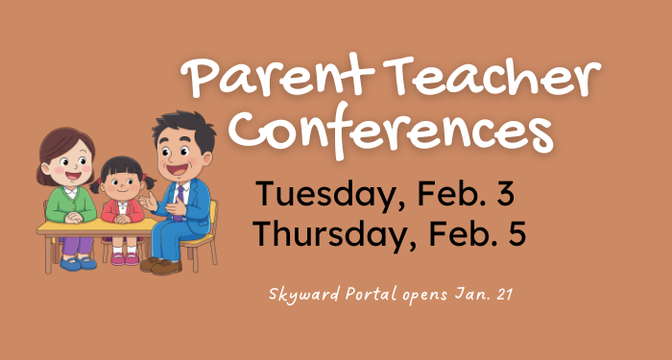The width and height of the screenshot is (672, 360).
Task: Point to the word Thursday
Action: (x=326, y=235)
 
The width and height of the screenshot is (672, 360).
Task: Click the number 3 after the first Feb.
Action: (x=503, y=195)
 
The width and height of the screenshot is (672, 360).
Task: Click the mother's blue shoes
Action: (x=73, y=261)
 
